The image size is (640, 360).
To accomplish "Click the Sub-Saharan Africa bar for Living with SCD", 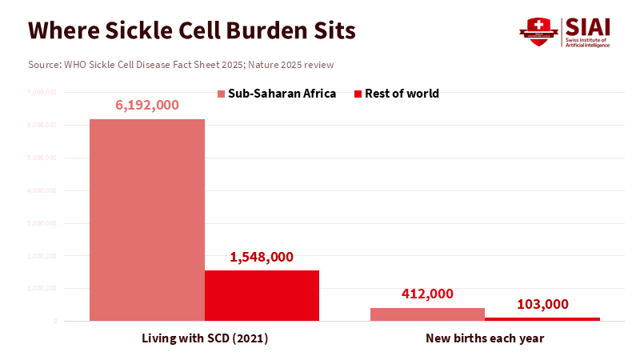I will [x=146, y=220].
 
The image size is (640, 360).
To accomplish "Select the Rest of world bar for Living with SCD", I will [x=262, y=295].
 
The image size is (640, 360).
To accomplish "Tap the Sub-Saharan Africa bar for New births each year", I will [x=427, y=314].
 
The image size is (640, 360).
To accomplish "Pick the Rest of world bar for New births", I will [x=542, y=319].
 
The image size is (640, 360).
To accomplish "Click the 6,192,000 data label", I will [x=146, y=105].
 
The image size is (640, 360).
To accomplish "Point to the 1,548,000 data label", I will [x=262, y=257].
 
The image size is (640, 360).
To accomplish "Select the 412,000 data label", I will [x=427, y=294].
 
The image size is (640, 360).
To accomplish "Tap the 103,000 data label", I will [x=542, y=304].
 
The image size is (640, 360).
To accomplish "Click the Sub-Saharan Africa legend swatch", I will [x=222, y=94].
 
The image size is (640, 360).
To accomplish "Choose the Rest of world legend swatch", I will [x=358, y=94].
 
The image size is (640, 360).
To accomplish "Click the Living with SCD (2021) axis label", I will [x=204, y=338].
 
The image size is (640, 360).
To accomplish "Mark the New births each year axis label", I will [x=485, y=338].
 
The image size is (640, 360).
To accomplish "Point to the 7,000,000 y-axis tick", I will [x=41, y=93].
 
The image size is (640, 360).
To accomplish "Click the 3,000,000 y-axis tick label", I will [x=41, y=223].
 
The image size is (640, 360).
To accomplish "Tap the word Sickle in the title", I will [x=135, y=30].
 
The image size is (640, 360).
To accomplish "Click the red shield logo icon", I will [x=538, y=30].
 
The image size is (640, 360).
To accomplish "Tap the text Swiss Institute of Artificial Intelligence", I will [x=587, y=42].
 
